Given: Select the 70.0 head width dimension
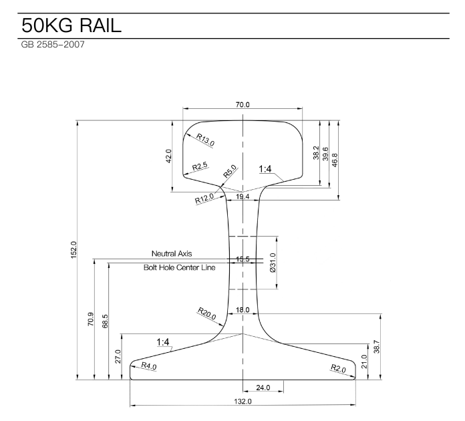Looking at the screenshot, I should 243,106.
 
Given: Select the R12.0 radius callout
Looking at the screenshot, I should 204,198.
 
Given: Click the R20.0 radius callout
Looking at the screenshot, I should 206,313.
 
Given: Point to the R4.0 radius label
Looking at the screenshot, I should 149,366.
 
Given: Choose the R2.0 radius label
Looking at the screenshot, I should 339,368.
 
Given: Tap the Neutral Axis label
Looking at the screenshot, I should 172,254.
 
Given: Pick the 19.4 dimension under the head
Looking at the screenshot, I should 243,196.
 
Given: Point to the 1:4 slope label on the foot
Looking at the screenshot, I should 162,342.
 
